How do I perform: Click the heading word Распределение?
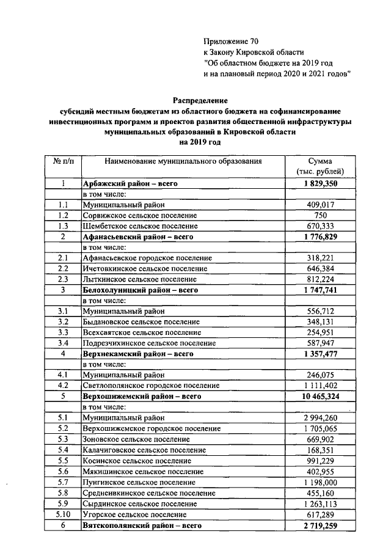(199, 100)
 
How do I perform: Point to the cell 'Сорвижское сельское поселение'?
(135, 216)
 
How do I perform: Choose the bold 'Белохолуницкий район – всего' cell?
(142, 290)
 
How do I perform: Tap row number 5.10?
(63, 514)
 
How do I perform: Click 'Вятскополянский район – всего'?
(142, 525)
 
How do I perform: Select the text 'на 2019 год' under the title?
(199, 142)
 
